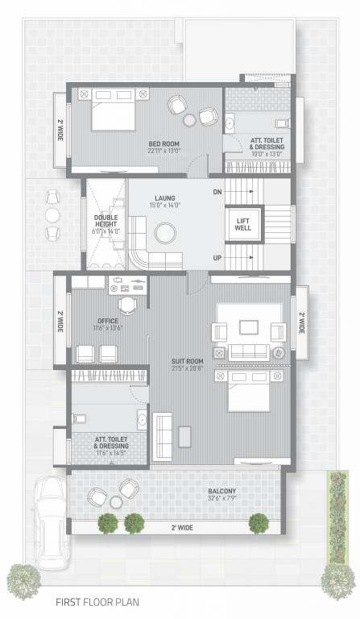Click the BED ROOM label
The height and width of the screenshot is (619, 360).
163,143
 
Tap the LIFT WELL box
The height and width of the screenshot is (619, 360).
242,223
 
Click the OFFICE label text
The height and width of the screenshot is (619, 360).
107,321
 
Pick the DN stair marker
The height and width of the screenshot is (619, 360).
217,192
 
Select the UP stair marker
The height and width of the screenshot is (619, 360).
217,258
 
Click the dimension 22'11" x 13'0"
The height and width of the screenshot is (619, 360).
163,151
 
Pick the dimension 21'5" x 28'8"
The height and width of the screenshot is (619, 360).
187,369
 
